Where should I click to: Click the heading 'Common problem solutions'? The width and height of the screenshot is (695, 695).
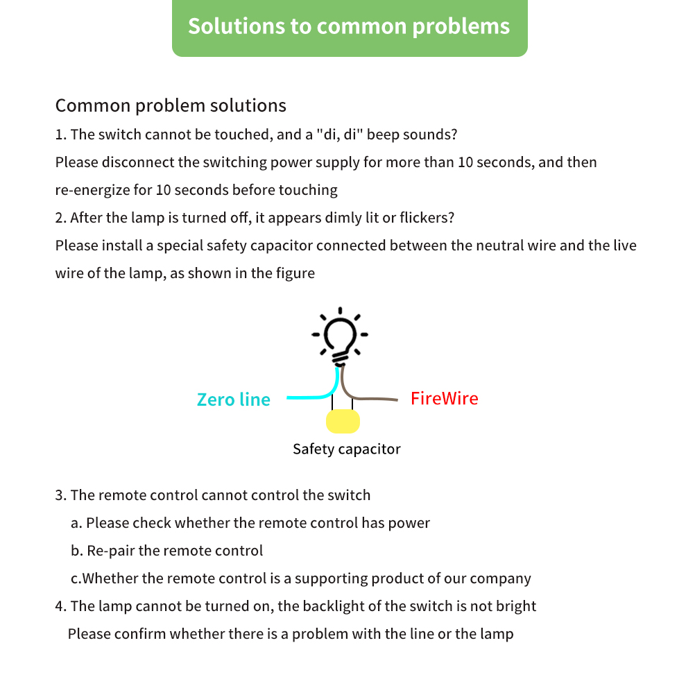click(x=171, y=105)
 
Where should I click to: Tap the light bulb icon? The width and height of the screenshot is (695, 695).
click(x=340, y=336)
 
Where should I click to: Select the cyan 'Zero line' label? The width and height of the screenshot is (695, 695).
click(x=233, y=400)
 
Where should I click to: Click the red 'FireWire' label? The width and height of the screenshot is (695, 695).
click(x=444, y=399)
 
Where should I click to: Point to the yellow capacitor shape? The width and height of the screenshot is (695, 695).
click(x=343, y=421)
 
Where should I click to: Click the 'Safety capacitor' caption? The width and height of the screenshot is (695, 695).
click(x=346, y=449)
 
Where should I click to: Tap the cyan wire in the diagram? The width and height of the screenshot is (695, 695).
click(x=305, y=397)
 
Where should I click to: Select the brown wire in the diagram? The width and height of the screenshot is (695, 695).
click(x=375, y=399)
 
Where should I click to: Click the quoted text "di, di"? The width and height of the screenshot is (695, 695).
click(x=340, y=135)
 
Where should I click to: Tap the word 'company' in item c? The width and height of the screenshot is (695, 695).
click(x=500, y=578)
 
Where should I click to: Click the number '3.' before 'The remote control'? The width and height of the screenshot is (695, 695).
click(x=60, y=495)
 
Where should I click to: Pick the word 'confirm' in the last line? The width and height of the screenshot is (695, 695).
click(x=140, y=634)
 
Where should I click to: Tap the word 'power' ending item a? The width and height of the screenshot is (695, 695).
click(x=411, y=523)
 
